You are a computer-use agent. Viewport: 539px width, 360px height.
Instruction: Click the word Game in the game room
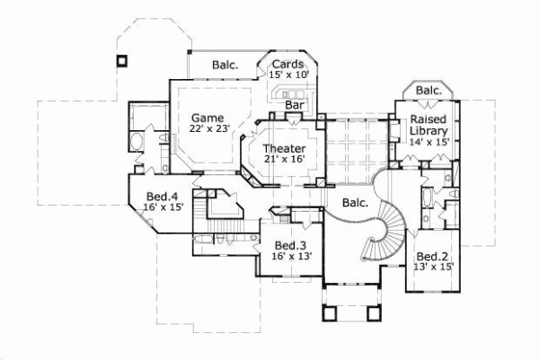coord(206,118)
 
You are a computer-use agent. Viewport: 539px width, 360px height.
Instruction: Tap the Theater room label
coord(284,148)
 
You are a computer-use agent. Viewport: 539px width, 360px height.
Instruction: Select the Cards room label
coord(288,64)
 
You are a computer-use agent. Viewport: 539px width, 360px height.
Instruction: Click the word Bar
coord(294,105)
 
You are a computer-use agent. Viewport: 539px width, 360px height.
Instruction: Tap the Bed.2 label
coord(433,254)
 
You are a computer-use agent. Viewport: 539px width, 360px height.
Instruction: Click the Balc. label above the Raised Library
coord(429,91)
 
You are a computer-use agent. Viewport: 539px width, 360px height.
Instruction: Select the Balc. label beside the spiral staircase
coord(356,203)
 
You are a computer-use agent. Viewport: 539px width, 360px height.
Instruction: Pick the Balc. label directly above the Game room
coord(225,65)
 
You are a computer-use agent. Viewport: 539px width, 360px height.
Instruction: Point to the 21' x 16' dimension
coord(284,159)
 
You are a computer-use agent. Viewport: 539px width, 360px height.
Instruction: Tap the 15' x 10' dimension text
coord(288,75)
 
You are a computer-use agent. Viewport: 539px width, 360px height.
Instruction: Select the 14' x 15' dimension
coord(429,142)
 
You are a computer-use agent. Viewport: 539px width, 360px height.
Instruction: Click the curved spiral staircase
coord(389,224)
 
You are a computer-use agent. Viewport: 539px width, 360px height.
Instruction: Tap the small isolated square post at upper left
coord(121,61)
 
